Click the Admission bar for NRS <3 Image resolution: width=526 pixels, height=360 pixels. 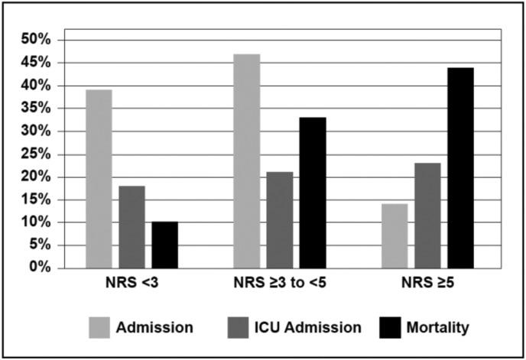click(x=99, y=179)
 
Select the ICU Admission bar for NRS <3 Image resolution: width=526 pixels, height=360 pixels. click(x=131, y=227)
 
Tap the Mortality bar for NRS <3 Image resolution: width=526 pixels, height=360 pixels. click(x=164, y=245)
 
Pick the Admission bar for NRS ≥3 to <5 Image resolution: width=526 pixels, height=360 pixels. click(x=247, y=161)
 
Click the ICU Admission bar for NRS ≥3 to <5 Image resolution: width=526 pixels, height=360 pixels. click(x=280, y=220)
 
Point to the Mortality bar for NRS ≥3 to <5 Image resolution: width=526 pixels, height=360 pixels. click(x=313, y=193)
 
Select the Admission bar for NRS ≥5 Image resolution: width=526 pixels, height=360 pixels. click(x=394, y=236)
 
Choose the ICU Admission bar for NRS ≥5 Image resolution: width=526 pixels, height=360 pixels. click(x=427, y=216)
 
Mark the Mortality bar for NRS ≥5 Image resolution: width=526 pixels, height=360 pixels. click(x=460, y=168)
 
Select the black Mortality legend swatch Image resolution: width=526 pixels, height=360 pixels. click(x=391, y=327)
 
